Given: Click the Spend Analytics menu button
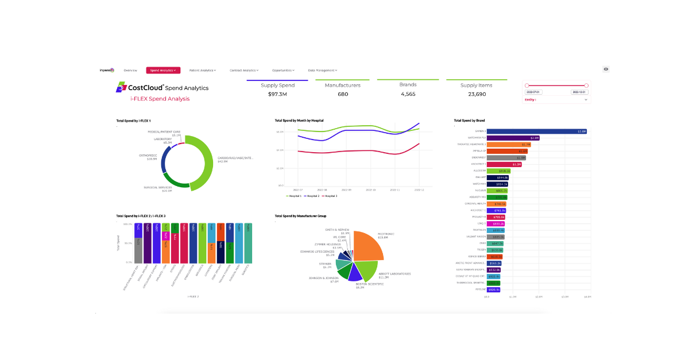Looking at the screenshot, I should tap(163, 70).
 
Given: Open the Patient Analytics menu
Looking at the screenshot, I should tap(202, 70).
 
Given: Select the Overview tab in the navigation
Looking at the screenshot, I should tap(130, 70).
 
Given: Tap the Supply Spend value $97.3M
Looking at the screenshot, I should tap(277, 94).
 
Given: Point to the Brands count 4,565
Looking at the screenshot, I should tap(408, 94).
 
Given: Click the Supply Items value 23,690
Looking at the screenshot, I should tap(477, 94).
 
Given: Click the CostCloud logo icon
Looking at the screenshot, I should tap(121, 87).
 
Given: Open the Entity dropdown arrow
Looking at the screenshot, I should tap(586, 100).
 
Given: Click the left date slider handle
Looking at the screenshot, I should tap(527, 86).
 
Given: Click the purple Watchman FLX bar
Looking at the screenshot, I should tap(513, 138).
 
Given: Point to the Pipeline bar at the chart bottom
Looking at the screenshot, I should tap(494, 289).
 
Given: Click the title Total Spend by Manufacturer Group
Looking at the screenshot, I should tap(300, 216).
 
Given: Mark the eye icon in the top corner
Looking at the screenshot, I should tap(606, 69).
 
